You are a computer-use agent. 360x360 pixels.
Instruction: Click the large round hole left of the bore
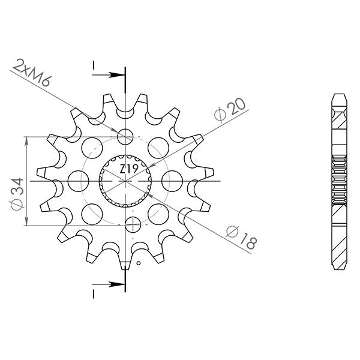tap(79, 179)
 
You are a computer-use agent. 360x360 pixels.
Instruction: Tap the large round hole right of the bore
tap(172, 179)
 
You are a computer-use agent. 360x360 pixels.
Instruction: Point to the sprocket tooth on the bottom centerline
tap(125, 264)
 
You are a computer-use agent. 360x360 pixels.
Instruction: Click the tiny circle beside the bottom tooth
tap(139, 263)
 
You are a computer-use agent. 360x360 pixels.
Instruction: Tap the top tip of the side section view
tap(338, 96)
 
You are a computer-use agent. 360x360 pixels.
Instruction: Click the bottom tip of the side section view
tap(338, 264)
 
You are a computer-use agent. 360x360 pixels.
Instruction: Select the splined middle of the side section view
tap(338, 179)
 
